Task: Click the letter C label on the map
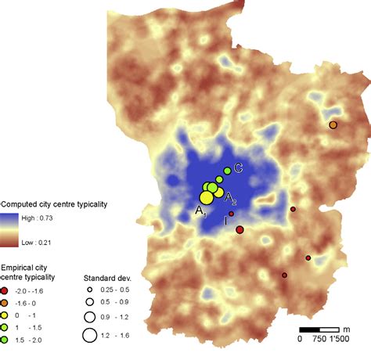[238, 167]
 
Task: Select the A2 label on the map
[232, 200]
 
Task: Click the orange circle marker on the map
[333, 125]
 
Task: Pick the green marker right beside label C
[228, 171]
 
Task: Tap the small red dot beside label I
[232, 214]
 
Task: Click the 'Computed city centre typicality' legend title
[53, 203]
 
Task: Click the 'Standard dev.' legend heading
[108, 278]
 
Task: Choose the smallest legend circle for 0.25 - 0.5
[90, 290]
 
